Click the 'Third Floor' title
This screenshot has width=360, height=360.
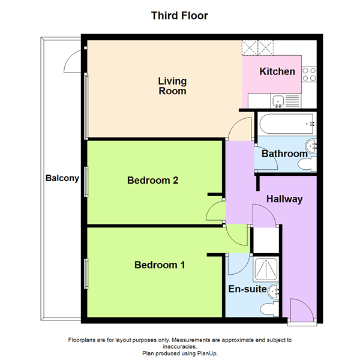point(179,16)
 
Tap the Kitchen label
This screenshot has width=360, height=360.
point(277,71)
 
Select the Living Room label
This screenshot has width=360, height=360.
point(172,86)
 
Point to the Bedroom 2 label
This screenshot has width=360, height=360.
point(152,180)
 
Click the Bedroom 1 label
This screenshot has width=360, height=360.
point(160,265)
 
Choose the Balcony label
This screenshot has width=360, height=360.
point(62,178)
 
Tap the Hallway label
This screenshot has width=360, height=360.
point(284,199)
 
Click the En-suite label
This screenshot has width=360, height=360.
point(247,289)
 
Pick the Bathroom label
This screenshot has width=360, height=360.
point(284,154)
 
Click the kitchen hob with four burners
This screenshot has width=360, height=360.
point(309,74)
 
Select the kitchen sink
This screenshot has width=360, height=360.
point(278,101)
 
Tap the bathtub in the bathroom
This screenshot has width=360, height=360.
point(287,124)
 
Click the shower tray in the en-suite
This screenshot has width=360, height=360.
point(266,269)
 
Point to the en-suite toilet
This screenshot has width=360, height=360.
point(269,309)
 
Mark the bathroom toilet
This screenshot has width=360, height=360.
point(307,164)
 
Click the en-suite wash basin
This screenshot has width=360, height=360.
point(274,292)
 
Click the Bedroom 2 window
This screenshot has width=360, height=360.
point(86,182)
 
